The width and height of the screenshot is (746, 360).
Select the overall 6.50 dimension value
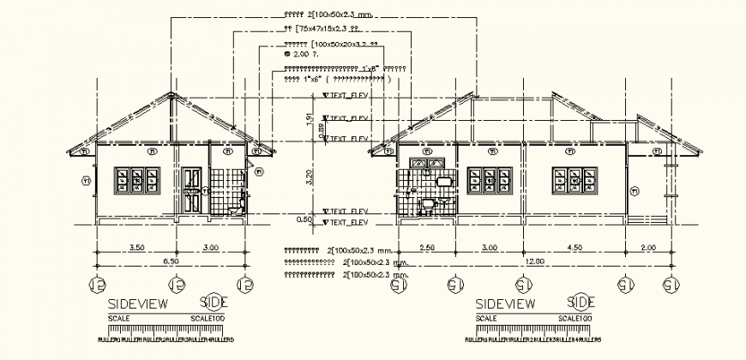click(171, 260)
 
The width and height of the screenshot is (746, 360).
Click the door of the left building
click(190, 189)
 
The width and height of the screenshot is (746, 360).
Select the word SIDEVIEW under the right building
click(506, 303)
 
